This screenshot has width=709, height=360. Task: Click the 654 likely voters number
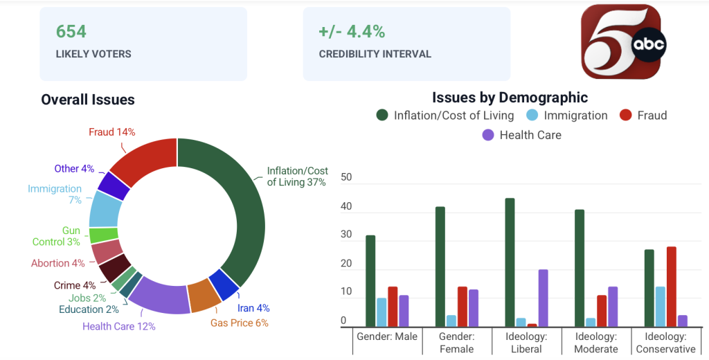coord(71,32)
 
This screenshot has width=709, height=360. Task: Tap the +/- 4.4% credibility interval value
coord(352,32)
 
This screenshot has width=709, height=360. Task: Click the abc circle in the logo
coord(648,44)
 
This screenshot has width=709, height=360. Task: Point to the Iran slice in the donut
coord(225,284)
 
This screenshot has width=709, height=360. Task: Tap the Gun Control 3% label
coord(56,236)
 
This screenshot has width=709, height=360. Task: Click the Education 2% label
coord(89,309)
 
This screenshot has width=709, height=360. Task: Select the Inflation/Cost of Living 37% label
coord(297,177)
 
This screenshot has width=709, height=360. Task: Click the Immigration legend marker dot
coord(532,115)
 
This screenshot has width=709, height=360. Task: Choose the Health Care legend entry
coord(522,135)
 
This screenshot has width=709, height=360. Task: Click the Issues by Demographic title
coord(510,97)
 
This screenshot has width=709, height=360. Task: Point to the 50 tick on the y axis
coord(346,177)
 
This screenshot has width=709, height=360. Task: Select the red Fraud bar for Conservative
coord(671,287)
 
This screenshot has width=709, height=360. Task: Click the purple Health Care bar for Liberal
coord(543,298)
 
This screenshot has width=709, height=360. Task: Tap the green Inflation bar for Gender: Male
coord(370,281)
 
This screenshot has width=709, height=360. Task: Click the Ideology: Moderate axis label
coord(596,343)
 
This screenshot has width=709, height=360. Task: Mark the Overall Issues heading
coord(88,100)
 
